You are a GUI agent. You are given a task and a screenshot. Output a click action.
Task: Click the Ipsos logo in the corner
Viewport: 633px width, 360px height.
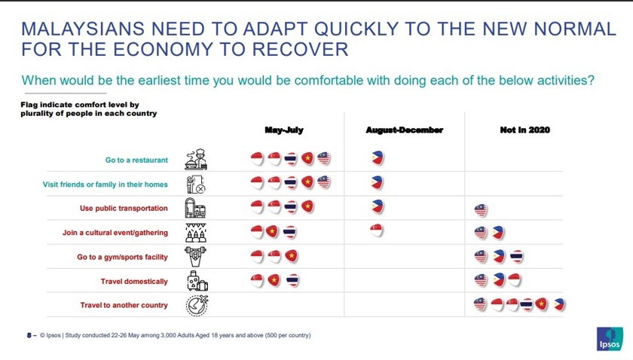point(609,338)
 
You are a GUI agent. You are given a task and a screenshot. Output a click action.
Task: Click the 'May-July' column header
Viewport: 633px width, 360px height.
point(284,130)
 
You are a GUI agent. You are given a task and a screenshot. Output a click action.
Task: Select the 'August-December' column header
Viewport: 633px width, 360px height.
point(405,130)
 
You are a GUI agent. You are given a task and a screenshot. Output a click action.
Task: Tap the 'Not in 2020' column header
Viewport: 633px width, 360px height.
point(524,130)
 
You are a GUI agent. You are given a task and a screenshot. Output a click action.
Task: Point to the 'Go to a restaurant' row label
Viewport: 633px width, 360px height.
point(136,160)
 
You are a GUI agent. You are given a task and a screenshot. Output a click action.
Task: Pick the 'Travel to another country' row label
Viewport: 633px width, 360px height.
point(124,306)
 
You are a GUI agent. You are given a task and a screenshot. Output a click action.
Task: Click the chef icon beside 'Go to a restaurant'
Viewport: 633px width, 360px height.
point(195,159)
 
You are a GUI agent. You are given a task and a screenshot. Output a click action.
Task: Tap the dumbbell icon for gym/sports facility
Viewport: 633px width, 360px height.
point(195,256)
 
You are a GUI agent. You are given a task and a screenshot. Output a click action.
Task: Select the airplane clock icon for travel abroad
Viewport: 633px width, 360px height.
point(196,305)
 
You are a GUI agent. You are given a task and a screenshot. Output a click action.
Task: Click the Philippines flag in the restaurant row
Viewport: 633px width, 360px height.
point(378,159)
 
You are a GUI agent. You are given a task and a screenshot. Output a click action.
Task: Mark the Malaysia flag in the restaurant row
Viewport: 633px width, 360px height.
point(324,159)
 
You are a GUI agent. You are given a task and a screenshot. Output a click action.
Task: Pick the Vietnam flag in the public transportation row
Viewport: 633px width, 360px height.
point(307,206)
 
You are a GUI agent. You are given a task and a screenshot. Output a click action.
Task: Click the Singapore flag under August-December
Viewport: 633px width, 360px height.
point(377,230)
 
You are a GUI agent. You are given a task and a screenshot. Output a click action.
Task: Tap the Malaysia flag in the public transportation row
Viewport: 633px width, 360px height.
point(480,209)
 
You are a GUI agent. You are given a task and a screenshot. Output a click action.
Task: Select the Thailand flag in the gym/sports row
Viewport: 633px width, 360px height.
point(516,257)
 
